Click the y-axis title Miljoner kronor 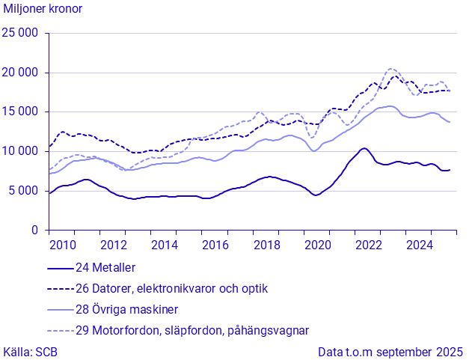(x=43, y=9)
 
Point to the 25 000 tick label (x=21, y=33)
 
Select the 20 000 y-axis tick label (x=21, y=73)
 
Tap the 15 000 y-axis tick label (x=21, y=112)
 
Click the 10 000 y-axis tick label (x=21, y=152)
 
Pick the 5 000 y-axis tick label (x=24, y=191)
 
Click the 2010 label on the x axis (x=62, y=245)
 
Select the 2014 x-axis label (x=164, y=245)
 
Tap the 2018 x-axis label (x=266, y=245)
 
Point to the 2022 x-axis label (x=368, y=245)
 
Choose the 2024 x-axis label (x=419, y=245)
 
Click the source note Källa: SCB (x=31, y=351)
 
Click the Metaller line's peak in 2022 (x=364, y=148)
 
